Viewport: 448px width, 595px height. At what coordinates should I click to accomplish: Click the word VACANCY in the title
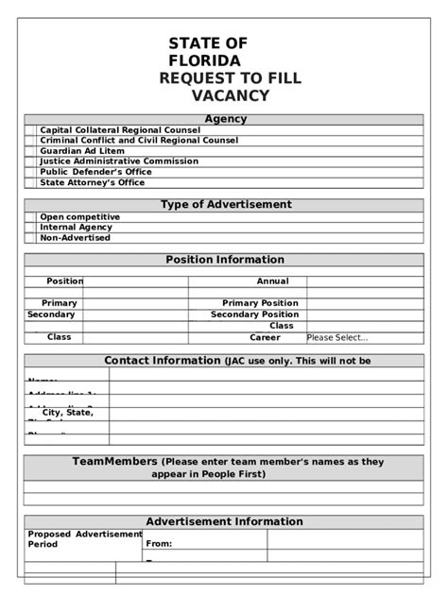[231, 95]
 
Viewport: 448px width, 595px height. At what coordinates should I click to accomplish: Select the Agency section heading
[225, 119]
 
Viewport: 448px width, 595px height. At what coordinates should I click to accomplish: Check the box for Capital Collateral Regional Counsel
[31, 130]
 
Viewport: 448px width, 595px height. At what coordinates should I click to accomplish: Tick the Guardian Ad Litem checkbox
[31, 151]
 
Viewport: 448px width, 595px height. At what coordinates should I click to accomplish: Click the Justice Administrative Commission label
[119, 161]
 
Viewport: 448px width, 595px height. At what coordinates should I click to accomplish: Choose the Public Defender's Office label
[95, 172]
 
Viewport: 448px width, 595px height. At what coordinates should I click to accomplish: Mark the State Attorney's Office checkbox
[31, 182]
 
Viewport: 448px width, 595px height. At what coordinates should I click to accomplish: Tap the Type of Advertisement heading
[226, 204]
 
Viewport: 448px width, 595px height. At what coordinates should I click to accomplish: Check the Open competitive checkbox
[31, 217]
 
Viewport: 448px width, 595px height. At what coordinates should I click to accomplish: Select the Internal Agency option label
[76, 228]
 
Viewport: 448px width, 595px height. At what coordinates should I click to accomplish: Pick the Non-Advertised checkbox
[31, 238]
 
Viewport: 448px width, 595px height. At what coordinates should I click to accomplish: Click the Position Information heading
[225, 260]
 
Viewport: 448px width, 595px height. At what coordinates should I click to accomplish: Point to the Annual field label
[273, 281]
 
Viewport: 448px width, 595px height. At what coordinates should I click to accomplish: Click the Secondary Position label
[254, 314]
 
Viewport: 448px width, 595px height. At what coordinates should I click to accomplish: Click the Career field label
[265, 337]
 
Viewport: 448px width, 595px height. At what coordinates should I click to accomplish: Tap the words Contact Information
[162, 361]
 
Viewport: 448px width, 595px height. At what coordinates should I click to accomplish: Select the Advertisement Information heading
[225, 521]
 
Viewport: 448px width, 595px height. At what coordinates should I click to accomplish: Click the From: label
[159, 544]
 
